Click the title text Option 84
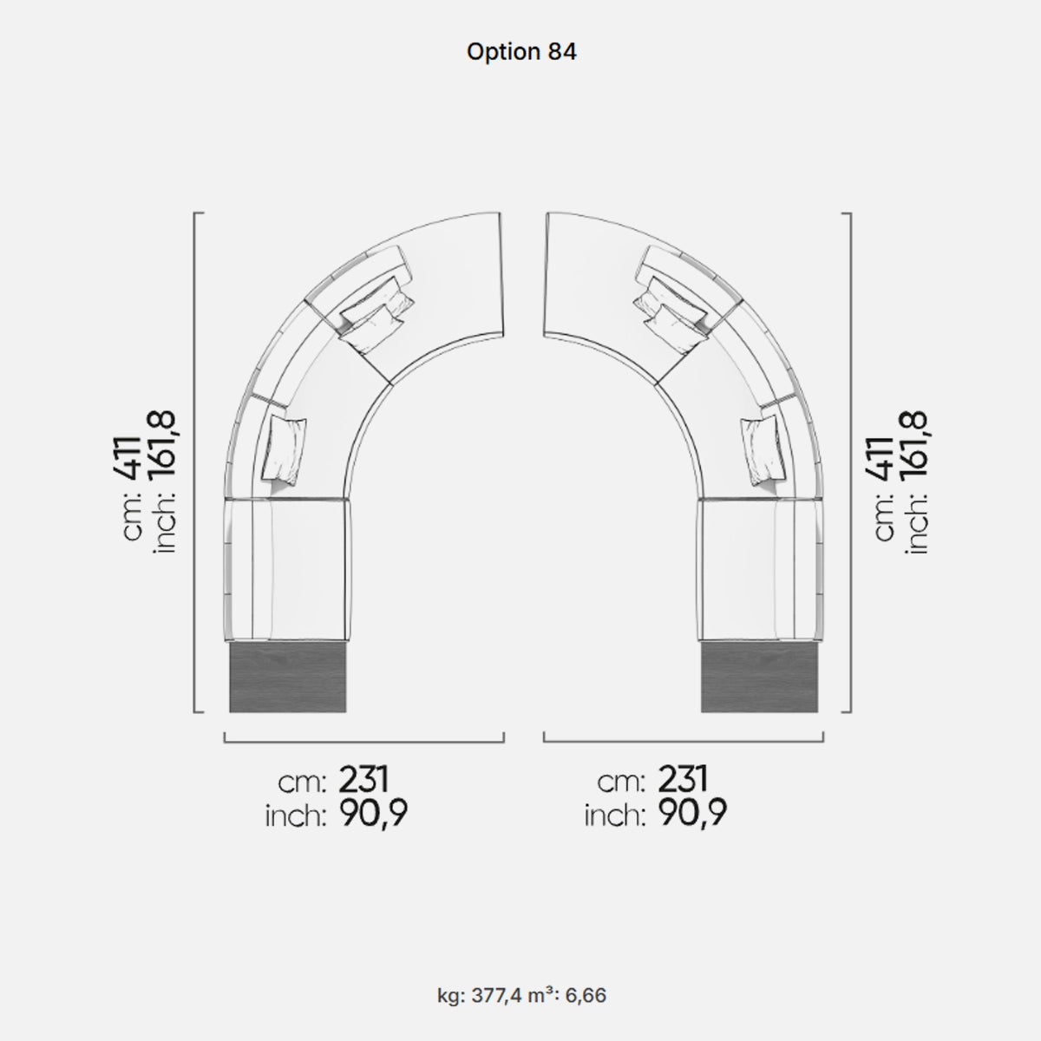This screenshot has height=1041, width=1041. pos(521,52)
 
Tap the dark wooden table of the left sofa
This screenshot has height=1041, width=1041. pos(287,677)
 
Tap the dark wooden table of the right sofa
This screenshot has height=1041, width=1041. pos(759,677)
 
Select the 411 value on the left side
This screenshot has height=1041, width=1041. pos(128,458)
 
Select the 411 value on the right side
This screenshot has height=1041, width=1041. pos(880,458)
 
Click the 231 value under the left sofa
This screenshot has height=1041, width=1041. pos(363,780)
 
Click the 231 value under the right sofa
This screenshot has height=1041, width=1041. pos(683,780)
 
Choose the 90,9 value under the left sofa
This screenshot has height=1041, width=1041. pos(373,814)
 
